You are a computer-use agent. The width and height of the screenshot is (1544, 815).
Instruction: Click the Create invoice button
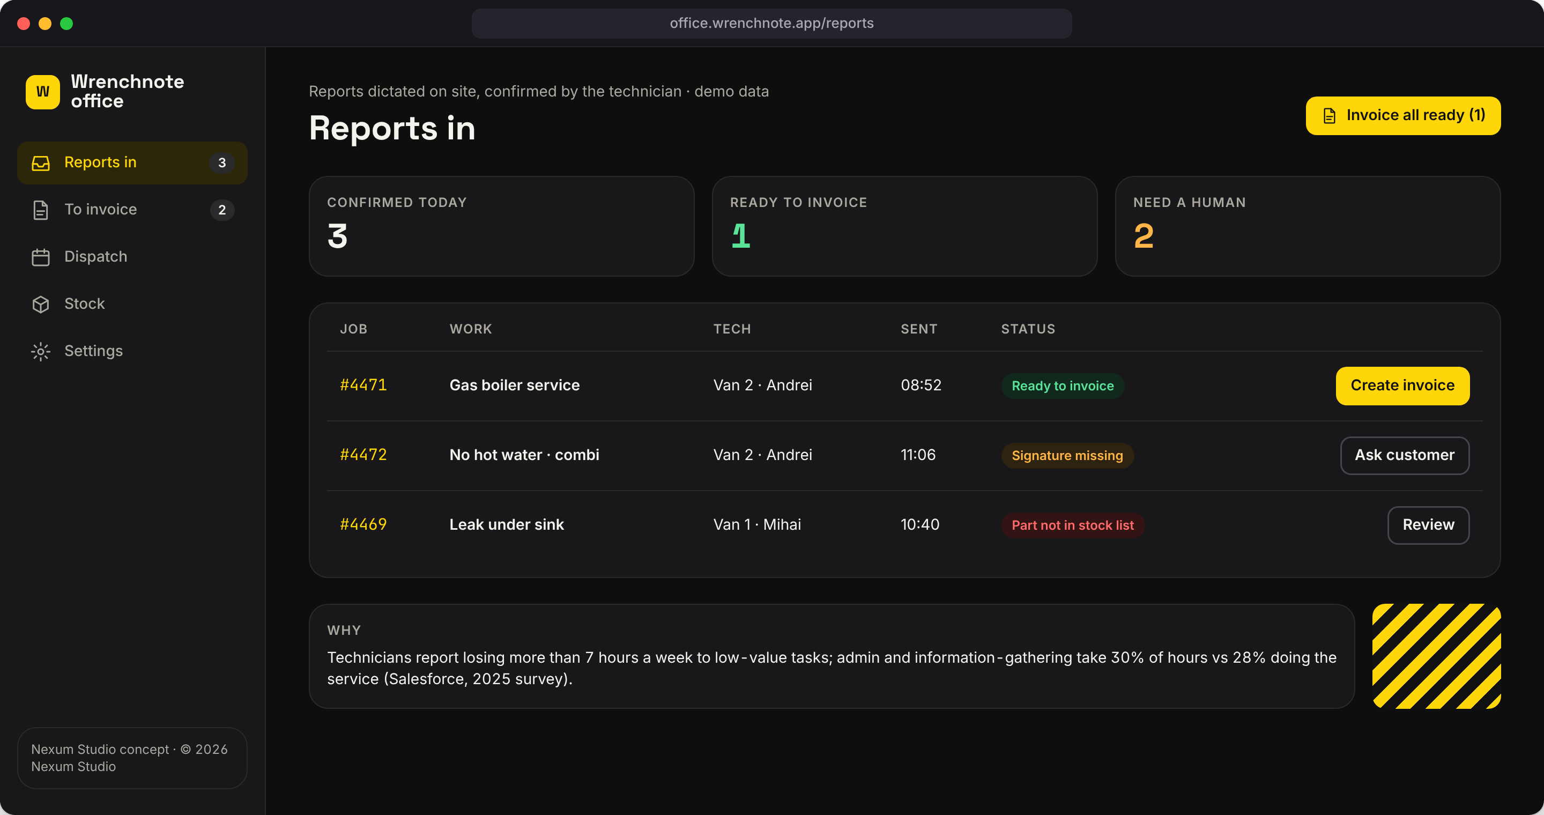click(x=1402, y=386)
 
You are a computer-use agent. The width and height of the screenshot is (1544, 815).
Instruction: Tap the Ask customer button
click(x=1405, y=455)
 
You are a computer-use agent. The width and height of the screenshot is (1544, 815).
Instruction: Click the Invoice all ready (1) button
click(x=1403, y=116)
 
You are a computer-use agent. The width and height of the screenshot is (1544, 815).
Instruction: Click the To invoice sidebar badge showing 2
click(x=222, y=210)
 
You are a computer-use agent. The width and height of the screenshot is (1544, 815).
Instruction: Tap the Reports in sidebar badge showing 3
click(x=222, y=163)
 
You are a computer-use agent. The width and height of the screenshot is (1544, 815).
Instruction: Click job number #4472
click(x=363, y=455)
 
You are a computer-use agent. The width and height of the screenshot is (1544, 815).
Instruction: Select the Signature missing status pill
click(x=1067, y=455)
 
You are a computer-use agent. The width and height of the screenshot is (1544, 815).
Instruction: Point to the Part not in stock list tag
click(x=1073, y=525)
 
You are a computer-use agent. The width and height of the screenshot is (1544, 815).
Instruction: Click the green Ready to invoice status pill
click(x=1063, y=386)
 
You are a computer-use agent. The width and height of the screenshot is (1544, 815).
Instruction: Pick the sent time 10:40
click(x=920, y=525)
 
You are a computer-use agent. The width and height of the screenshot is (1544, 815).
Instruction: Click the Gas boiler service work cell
click(x=514, y=386)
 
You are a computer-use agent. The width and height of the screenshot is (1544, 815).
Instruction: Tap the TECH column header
click(x=732, y=329)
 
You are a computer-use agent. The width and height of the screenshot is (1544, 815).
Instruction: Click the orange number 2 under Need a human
click(x=1144, y=236)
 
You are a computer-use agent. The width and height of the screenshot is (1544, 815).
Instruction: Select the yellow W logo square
click(x=42, y=92)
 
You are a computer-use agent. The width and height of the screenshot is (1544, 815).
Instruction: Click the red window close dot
click(x=24, y=24)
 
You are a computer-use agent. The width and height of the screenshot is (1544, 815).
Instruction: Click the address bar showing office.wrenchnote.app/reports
click(x=771, y=24)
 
